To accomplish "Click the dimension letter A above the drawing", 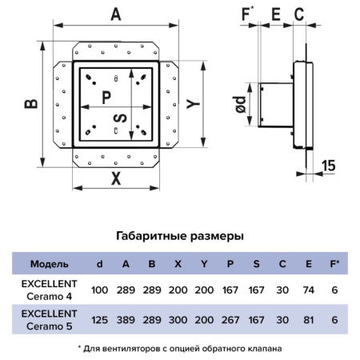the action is tap(116, 14).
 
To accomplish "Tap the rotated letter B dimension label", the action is tap(31, 104).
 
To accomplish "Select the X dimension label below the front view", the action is tap(116, 178).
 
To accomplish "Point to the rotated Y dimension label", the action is tap(194, 104).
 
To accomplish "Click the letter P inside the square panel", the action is tap(106, 98).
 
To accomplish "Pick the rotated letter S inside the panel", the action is tap(120, 118).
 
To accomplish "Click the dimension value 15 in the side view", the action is tap(329, 166).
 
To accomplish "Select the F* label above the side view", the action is tap(248, 14).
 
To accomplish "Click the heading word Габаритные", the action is tap(151, 236).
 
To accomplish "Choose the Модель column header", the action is tap(50, 264).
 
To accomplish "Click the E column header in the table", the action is tap(309, 264).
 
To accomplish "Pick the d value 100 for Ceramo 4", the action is tap(99, 290).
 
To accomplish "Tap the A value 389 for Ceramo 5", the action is tap(126, 320).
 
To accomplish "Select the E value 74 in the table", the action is tap(309, 290).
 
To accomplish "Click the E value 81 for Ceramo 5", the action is tap(309, 320).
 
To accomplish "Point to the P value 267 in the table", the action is tap(230, 320).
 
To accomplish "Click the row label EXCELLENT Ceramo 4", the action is tap(50, 290).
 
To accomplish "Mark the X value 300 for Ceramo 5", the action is tap(178, 320).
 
